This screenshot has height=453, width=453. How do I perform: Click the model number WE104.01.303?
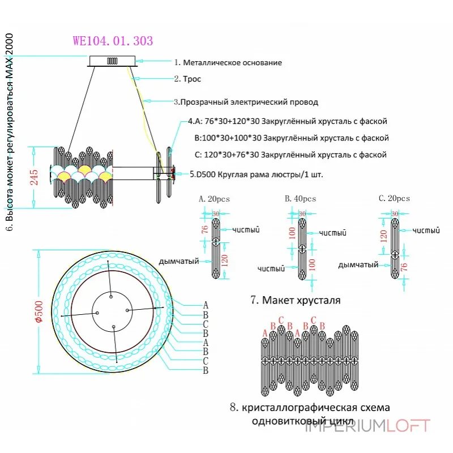(113, 41)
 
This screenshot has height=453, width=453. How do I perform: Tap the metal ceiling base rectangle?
(112, 61)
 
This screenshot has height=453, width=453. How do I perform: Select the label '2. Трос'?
(187, 79)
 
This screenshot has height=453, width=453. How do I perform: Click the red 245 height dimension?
(34, 177)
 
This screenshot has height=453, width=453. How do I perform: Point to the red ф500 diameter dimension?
(39, 311)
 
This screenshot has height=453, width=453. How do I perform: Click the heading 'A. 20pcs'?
(215, 199)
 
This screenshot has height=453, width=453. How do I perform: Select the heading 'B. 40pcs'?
(301, 199)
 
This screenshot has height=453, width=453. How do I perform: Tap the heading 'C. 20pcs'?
(394, 198)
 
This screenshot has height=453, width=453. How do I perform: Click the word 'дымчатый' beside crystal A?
(179, 262)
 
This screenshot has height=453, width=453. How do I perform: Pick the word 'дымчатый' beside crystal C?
(358, 264)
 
